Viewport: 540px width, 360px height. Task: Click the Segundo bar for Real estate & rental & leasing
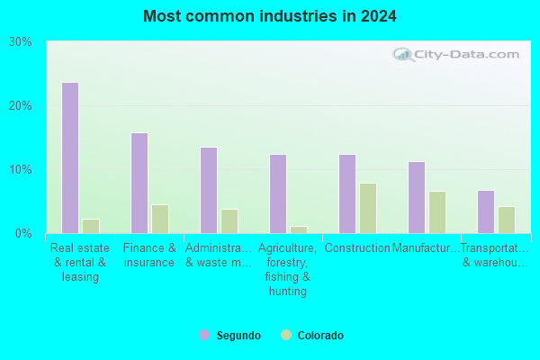tap(70, 157)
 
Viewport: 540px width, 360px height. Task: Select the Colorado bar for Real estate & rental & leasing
tap(91, 226)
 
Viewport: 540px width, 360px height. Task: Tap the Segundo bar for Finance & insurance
tap(139, 183)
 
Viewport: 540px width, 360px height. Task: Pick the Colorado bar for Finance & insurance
tap(160, 219)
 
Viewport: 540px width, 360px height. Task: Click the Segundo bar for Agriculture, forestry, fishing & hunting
tap(278, 193)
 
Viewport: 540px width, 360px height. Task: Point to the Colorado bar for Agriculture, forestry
tap(299, 229)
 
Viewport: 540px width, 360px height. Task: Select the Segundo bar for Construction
tap(347, 193)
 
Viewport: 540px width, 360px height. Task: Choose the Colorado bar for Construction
tap(368, 208)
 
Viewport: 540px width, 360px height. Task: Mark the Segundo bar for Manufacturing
tap(417, 197)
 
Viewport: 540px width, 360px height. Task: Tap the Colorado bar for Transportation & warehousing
tap(507, 220)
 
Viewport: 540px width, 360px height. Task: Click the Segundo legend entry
tap(230, 336)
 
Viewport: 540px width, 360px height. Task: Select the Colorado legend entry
tap(312, 336)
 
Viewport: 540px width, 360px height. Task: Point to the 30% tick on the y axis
tap(21, 41)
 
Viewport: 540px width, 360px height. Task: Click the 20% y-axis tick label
tap(21, 105)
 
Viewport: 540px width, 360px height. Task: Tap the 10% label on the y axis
tap(21, 169)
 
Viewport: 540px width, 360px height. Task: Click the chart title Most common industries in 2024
tap(270, 16)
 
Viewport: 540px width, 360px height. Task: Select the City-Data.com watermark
tap(459, 54)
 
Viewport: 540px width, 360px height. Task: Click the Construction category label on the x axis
tap(357, 247)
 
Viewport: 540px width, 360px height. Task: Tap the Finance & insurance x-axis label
tap(149, 255)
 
